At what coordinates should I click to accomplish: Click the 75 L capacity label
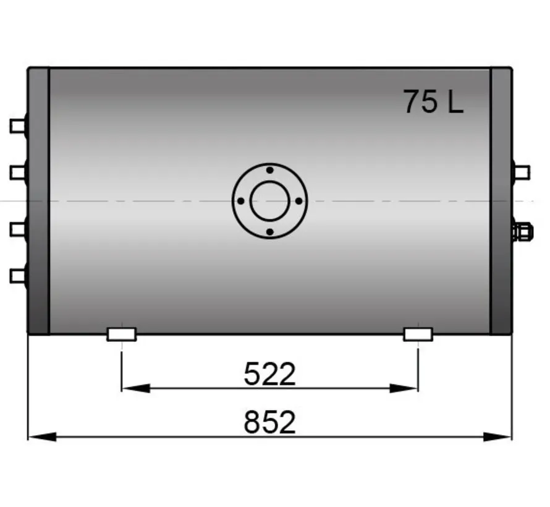[x=433, y=102]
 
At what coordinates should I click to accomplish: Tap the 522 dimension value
[x=270, y=374]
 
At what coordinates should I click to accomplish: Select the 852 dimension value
[x=270, y=423]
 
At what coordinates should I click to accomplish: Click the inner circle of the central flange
[x=269, y=201]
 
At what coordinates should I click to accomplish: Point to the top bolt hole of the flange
[x=269, y=170]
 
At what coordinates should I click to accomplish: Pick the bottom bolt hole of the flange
[x=269, y=232]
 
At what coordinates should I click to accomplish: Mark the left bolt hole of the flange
[x=240, y=201]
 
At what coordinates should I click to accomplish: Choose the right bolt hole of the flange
[x=299, y=201]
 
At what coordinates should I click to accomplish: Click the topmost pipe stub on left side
[x=17, y=126]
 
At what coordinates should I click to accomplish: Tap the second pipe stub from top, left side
[x=17, y=172]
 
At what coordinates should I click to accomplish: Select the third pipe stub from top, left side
[x=17, y=229]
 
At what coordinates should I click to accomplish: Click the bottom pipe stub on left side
[x=17, y=275]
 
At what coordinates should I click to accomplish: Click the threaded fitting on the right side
[x=522, y=232]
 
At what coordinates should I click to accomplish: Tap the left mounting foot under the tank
[x=122, y=334]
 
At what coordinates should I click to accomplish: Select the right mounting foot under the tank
[x=418, y=334]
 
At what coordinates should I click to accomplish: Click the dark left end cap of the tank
[x=38, y=201]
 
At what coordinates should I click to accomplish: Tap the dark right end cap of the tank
[x=501, y=201]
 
